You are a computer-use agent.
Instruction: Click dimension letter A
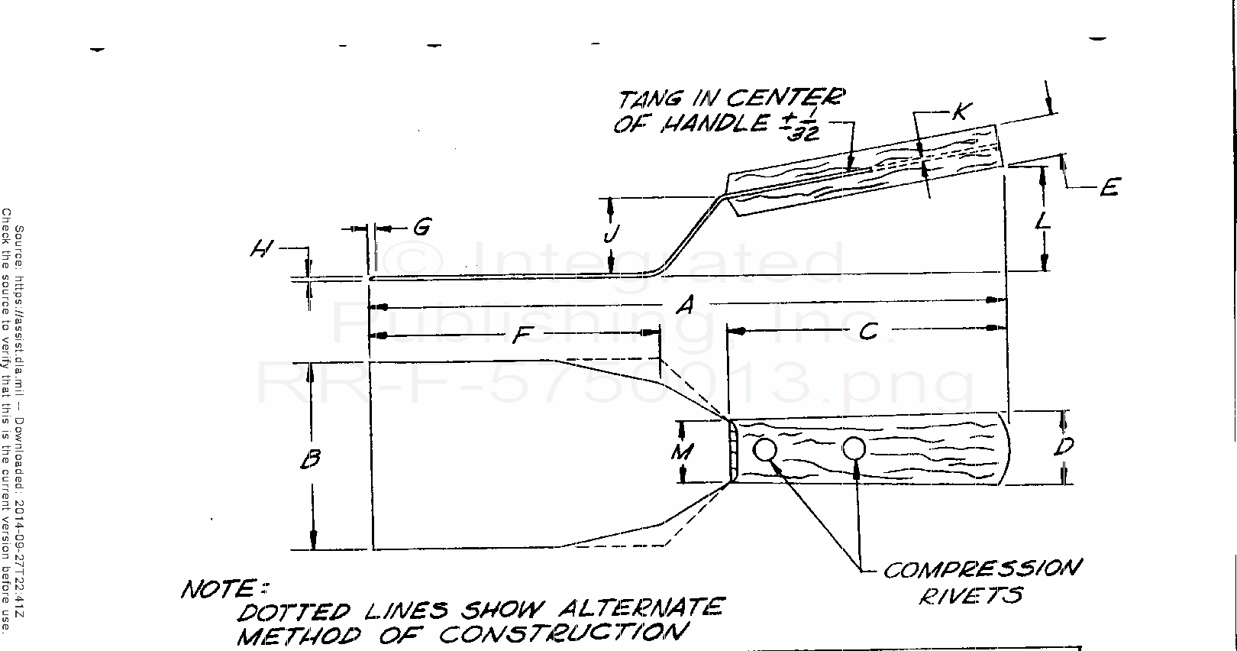point(685,305)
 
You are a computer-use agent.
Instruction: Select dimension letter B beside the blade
point(310,459)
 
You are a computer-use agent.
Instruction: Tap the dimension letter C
point(867,331)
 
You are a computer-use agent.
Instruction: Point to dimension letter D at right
point(1064,447)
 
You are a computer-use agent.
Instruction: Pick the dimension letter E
point(1109,187)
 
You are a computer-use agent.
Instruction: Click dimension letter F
point(521,335)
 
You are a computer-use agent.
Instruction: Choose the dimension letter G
point(421,227)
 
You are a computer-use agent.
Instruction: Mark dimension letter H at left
point(262,248)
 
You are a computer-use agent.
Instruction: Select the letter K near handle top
point(960,112)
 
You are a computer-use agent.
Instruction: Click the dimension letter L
point(1044,222)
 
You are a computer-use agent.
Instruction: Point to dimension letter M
point(682,452)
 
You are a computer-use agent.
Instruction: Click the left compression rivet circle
point(764,449)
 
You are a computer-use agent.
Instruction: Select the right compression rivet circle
point(854,449)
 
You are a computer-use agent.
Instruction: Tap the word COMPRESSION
point(982,569)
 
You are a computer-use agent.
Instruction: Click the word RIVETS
point(970,595)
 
